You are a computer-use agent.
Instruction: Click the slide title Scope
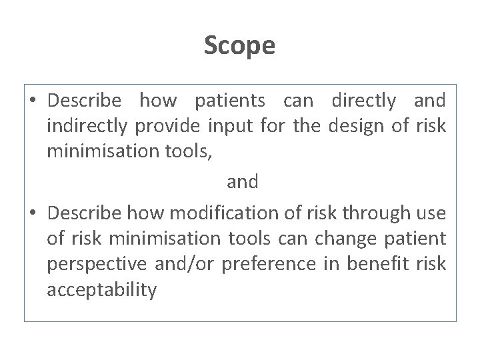239,46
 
